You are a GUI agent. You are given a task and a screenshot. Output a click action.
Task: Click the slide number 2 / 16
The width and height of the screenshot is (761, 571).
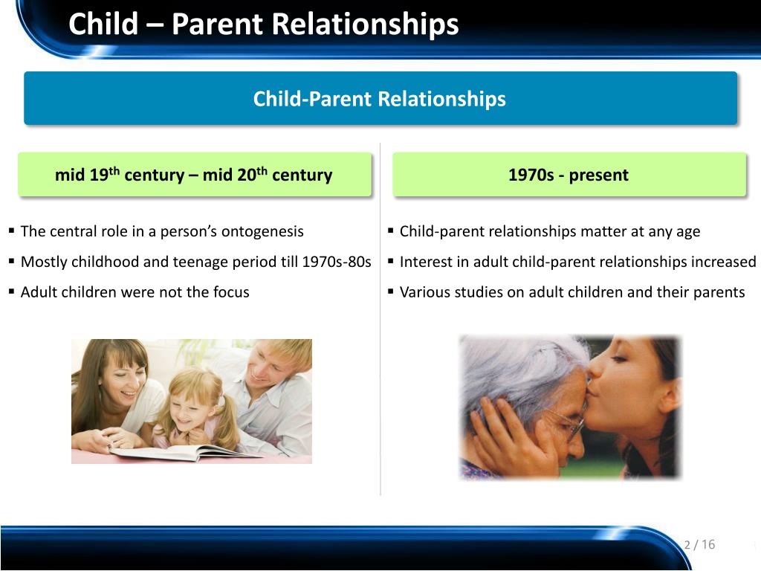pos(699,544)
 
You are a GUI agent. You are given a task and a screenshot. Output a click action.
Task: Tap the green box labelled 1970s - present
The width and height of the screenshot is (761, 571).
pos(569,174)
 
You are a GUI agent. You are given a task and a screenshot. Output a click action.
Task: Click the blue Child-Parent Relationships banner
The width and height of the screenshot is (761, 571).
pos(380,98)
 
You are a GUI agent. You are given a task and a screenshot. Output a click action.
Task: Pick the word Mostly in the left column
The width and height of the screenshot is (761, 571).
pos(44,262)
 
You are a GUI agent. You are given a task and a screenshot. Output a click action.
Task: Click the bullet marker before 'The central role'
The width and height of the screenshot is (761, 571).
pos(11,231)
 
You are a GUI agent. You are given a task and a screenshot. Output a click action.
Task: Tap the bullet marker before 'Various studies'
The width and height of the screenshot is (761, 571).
pos(390,291)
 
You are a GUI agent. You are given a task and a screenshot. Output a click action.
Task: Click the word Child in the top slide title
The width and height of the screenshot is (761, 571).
pos(103,24)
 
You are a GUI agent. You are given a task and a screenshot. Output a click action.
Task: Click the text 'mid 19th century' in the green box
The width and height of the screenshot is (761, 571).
pos(120,174)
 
